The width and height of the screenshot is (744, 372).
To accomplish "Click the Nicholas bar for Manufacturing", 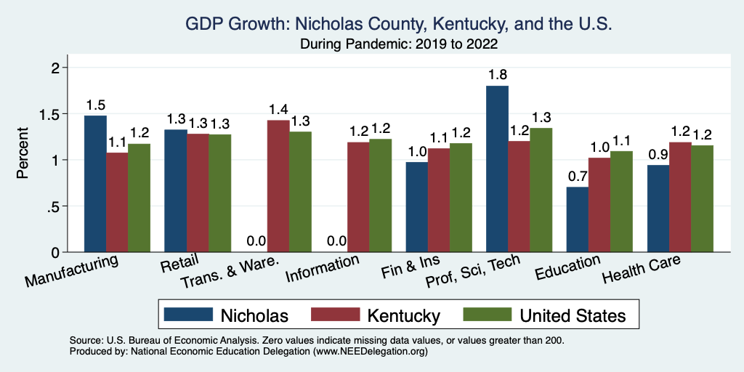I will [95, 184].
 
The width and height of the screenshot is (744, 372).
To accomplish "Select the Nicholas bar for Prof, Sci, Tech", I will [497, 169].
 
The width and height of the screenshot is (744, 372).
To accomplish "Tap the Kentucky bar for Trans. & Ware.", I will [278, 186].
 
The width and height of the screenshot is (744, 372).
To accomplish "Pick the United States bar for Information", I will [380, 195].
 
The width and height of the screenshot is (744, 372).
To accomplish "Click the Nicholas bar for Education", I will [577, 219].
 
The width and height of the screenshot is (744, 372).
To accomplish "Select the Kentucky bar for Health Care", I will [679, 197].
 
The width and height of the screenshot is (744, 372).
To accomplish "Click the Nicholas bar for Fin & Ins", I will [416, 207].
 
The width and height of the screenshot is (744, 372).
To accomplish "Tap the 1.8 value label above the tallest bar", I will [497, 74].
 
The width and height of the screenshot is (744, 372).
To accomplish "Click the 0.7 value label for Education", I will [577, 176].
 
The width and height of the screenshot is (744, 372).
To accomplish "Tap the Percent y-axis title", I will [23, 153].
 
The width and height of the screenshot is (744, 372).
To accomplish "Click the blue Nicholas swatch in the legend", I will [188, 315].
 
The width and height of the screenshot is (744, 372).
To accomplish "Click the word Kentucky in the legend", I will [403, 315].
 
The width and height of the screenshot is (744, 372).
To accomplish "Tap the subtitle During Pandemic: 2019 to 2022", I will [399, 44].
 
